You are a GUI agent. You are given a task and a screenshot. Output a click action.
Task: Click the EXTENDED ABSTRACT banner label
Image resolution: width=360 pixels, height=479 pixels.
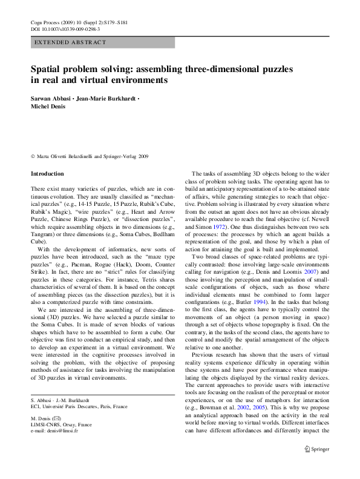[x=70, y=42]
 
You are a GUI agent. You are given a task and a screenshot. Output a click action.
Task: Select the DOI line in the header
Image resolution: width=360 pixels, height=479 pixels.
[x=65, y=28]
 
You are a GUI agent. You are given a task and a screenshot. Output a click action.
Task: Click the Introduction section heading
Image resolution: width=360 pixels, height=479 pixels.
[x=47, y=174]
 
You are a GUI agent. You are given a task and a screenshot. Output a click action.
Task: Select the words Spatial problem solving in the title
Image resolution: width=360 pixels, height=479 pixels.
[x=82, y=69]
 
